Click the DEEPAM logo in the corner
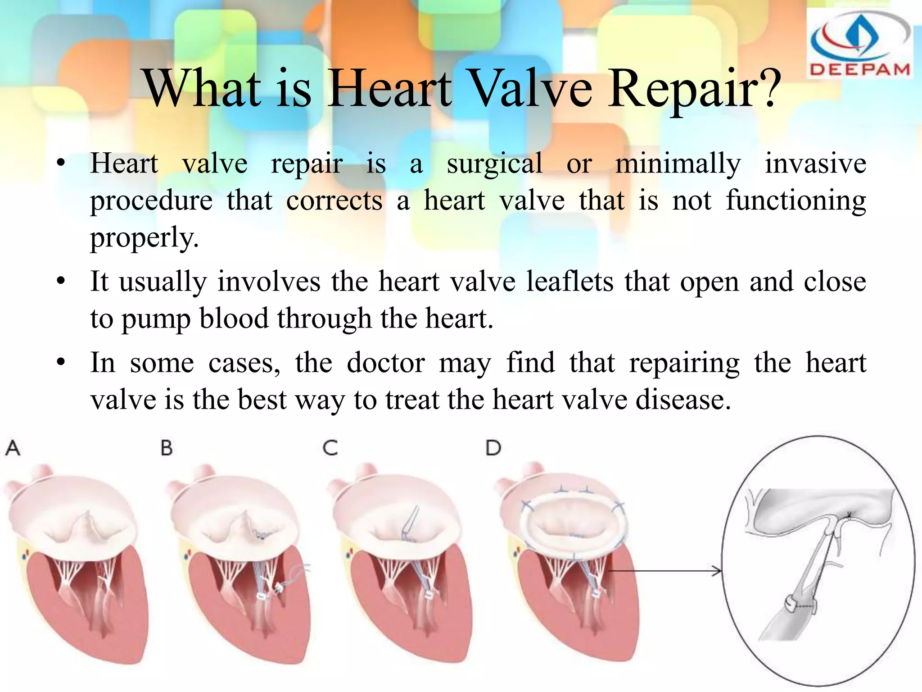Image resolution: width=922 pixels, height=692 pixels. (860, 44)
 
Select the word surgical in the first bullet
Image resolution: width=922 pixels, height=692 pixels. (494, 164)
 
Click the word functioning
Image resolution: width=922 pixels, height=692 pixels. (795, 201)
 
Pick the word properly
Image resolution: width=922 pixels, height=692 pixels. (144, 238)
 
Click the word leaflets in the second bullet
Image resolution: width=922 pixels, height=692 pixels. (569, 282)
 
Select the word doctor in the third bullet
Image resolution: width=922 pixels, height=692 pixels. (385, 363)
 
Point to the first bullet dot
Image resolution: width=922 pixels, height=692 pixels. (61, 164)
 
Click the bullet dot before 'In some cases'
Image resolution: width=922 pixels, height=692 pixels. (61, 363)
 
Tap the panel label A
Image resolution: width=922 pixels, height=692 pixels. (13, 448)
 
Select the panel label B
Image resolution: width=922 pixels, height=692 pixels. (167, 448)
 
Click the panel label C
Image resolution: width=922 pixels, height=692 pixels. (330, 448)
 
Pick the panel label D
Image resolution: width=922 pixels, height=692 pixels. (493, 448)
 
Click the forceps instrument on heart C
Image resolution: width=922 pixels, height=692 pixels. (411, 523)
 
